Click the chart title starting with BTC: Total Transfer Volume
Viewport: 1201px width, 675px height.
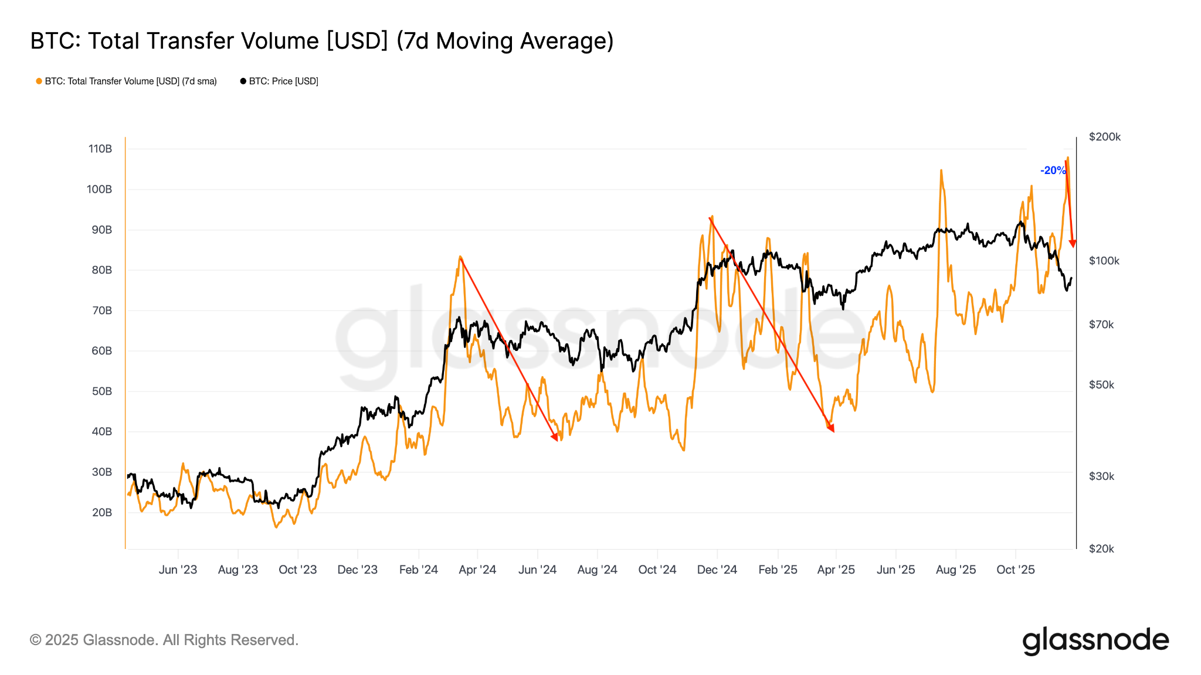[321, 41]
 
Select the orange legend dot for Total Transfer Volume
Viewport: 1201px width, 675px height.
[39, 81]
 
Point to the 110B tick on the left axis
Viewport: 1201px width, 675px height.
[100, 149]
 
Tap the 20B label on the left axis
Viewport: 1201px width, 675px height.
[101, 513]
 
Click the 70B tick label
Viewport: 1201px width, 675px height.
[101, 311]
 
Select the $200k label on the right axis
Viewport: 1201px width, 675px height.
[1104, 137]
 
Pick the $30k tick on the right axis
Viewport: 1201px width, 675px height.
[1101, 476]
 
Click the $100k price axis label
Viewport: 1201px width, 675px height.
[1104, 261]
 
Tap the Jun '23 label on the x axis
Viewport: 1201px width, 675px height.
[178, 570]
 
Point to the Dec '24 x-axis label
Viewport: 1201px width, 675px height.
[717, 570]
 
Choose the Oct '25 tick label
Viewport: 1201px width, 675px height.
[1016, 570]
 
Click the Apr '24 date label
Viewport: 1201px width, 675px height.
[477, 570]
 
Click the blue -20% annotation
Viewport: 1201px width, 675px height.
[1053, 171]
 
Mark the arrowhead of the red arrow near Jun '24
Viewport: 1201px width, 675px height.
[555, 437]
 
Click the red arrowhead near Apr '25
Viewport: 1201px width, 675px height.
[830, 429]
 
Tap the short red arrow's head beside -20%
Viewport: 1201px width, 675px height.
[1073, 243]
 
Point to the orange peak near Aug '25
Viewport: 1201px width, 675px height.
[941, 171]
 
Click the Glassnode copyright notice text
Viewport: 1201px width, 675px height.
[164, 640]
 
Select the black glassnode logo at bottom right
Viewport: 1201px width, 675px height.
[1095, 640]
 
